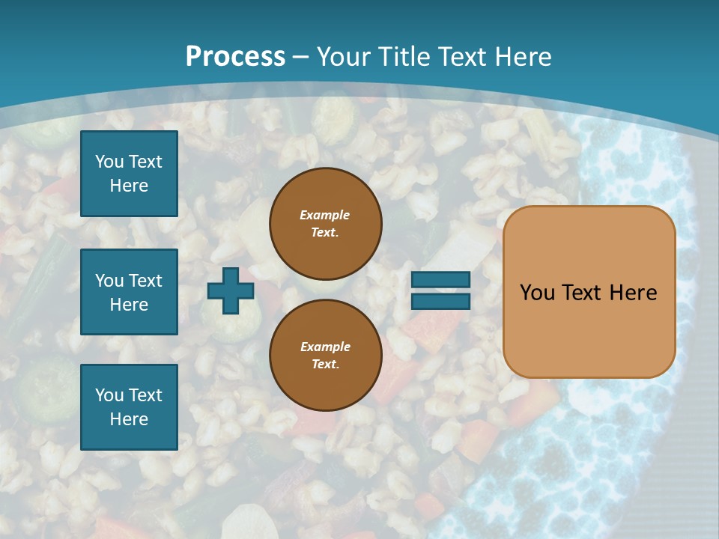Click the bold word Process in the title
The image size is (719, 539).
pos(235,57)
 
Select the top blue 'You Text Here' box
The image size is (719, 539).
pos(129,174)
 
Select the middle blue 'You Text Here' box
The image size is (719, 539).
pos(129,292)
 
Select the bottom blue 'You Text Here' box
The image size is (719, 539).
pos(129,407)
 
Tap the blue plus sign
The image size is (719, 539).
pos(231,291)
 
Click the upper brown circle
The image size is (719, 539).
pos(326,224)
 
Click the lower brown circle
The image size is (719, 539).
pos(326,356)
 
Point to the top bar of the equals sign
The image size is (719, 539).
pos(440,280)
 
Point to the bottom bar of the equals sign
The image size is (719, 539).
pos(440,301)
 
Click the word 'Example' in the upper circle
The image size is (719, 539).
pos(325,215)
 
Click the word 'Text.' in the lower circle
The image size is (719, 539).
pos(325,365)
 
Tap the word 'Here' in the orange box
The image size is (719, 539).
pos(633,293)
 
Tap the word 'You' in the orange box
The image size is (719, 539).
pos(537,293)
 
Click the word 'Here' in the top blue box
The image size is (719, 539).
pos(129,186)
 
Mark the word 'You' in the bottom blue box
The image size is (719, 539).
pos(109,395)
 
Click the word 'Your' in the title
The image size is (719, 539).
pos(345,57)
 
